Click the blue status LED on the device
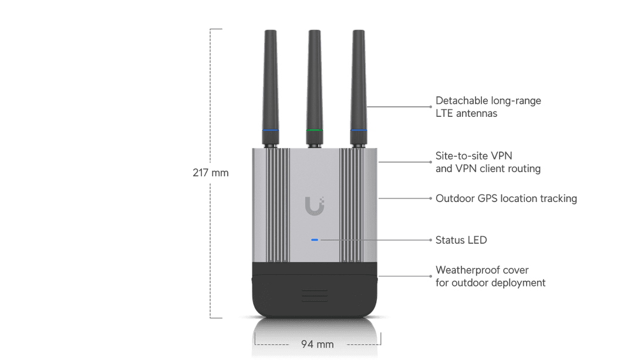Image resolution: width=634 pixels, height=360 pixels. pos(315,240)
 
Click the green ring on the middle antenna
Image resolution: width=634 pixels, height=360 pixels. pos(315,130)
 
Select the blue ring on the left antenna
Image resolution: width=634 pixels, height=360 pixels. pos(271,130)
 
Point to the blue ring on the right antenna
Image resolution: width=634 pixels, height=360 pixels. pos(359,130)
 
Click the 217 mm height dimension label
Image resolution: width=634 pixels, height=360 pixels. pos(211,173)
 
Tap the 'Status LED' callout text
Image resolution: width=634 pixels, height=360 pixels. pos(461,240)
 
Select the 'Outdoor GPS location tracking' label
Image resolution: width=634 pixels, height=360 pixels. pos(506,198)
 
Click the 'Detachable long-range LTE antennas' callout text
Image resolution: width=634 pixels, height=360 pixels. pos(488,107)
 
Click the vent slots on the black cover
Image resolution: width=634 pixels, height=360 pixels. pos(315,295)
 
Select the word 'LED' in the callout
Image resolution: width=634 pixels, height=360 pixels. pos(477,240)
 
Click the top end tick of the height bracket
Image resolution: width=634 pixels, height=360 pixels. pos(216,29)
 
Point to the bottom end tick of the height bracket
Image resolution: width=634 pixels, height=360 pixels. pos(216,318)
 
